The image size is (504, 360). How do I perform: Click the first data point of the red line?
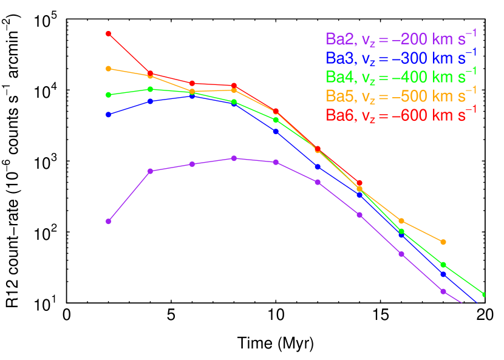click(108, 33)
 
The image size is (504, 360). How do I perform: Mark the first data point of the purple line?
click(108, 221)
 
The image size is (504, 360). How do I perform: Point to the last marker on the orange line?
click(443, 242)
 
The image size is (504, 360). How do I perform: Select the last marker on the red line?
click(359, 183)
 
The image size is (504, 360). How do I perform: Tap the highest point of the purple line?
click(234, 158)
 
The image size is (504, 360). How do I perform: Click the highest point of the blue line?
click(192, 96)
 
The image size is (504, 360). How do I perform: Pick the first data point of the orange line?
click(108, 69)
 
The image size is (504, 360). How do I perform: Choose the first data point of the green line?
click(108, 95)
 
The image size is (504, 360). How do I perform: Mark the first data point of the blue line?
click(108, 114)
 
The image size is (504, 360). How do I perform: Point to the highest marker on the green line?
click(150, 89)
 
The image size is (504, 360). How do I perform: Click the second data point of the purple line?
click(150, 171)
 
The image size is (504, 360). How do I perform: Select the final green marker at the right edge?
click(484, 294)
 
